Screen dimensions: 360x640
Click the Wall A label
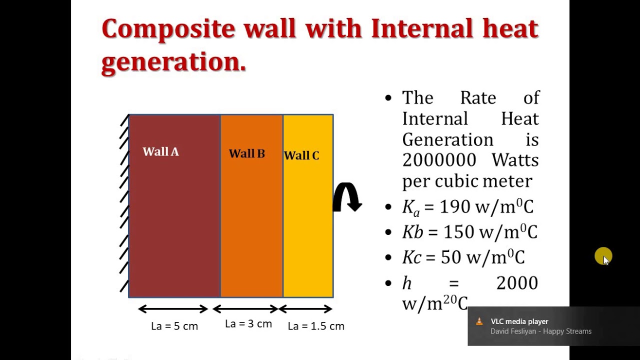tap(160, 152)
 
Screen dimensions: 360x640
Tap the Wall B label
tap(246, 154)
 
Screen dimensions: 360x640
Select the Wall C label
tap(301, 156)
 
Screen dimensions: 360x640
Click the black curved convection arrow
tap(347, 196)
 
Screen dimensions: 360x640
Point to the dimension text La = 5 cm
tap(174, 326)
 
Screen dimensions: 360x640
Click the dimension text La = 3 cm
tap(248, 324)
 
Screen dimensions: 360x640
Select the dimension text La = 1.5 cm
tap(316, 326)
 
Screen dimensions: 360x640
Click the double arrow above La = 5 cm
tap(173, 309)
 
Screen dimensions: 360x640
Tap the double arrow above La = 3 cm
tap(245, 309)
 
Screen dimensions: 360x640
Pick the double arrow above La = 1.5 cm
tap(306, 309)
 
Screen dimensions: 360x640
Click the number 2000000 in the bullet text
tap(439, 160)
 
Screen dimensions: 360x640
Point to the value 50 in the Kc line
tap(451, 257)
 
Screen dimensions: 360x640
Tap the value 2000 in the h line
tap(517, 283)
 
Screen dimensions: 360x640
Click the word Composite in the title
tap(168, 29)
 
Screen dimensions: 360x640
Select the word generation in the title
tap(173, 62)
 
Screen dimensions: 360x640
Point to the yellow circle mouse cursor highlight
tap(603, 256)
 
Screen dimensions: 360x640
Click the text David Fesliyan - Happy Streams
tap(541, 331)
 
